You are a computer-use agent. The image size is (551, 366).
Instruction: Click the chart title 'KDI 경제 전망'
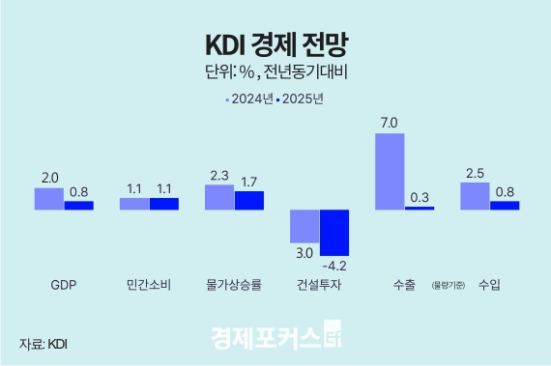pos(275,44)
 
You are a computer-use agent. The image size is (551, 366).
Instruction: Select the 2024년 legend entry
pos(248,99)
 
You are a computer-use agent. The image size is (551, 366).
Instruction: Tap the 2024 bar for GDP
pos(48,198)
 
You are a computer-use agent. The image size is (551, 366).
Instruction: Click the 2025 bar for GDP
pos(79,205)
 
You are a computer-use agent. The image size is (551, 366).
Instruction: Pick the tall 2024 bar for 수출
pos(389,171)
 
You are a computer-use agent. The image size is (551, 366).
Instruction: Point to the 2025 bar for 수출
pos(420,208)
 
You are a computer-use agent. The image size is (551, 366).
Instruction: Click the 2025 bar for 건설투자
pos(334,233)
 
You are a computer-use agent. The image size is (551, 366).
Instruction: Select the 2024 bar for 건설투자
pos(304,226)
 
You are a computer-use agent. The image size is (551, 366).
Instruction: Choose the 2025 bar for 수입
pos(505,205)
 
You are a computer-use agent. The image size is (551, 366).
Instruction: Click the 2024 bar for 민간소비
pos(133,204)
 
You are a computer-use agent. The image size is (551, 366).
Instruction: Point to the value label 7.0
pos(390,122)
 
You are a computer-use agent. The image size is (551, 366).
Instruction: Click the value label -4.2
pos(334,266)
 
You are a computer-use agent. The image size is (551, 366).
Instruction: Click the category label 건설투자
pos(319,286)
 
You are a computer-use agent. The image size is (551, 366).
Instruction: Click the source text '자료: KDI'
pos(43,343)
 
